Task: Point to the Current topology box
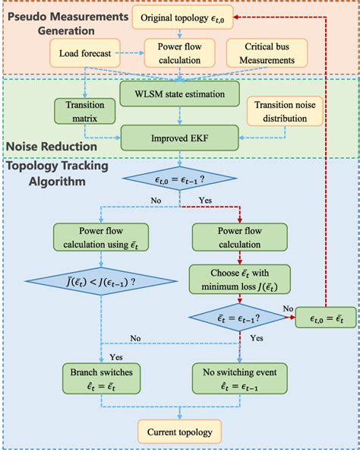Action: pos(180,433)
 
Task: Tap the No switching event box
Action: pos(240,377)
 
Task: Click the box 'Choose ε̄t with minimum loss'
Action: pos(240,278)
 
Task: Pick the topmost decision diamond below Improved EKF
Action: pos(181,181)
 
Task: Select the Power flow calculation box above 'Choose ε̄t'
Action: pos(240,236)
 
